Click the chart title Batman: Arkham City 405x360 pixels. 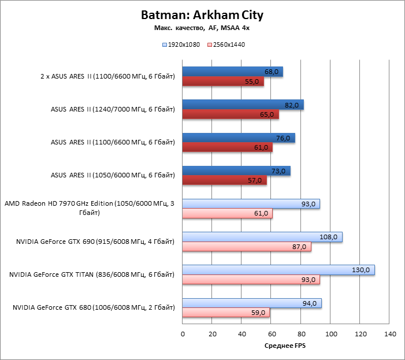coord(202,15)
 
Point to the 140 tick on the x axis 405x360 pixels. coord(390,334)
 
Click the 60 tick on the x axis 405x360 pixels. coord(272,334)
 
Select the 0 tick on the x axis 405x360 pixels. coord(183,334)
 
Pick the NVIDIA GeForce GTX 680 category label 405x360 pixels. coord(93,308)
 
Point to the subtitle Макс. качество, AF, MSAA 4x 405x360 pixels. coord(202,27)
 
